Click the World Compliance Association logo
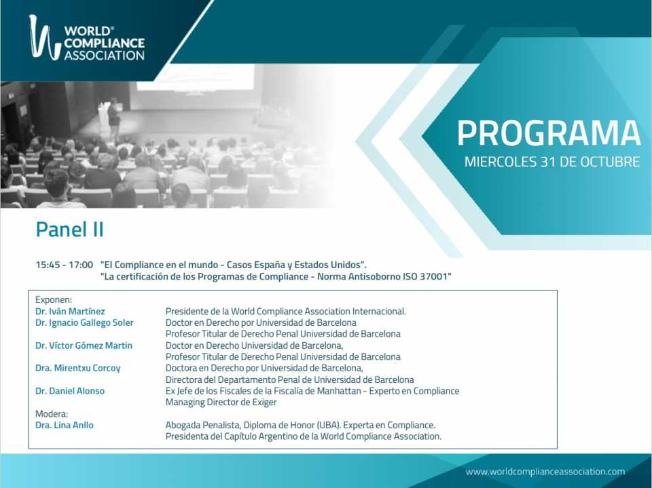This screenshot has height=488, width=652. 87,38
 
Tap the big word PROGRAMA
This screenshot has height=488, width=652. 549,134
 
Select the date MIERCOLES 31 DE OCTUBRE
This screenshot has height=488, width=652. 551,162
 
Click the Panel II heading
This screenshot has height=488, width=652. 69,229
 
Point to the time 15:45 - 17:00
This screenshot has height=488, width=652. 64,265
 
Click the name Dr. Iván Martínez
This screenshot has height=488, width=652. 70,312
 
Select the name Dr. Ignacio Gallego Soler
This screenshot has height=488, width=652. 84,322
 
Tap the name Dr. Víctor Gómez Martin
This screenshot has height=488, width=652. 84,345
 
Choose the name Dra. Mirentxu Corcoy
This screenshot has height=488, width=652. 77,369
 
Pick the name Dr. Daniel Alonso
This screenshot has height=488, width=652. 70,391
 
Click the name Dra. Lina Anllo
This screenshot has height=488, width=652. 65,425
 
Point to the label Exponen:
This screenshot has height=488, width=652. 54,300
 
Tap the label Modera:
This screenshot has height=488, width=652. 52,413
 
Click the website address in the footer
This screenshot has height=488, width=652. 545,472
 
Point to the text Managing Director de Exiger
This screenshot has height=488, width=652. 221,402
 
